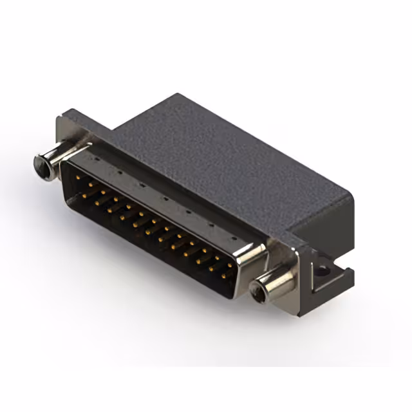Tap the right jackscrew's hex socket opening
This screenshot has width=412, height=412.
[x=258, y=293]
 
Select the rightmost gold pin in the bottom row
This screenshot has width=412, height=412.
[x=223, y=275]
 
